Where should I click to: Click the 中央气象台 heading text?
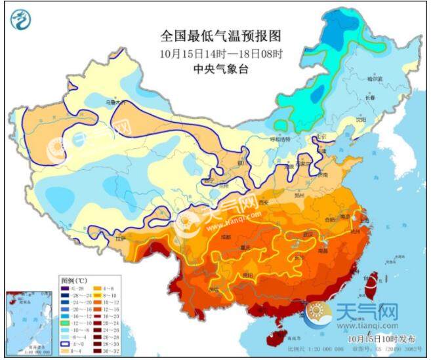tap(215, 70)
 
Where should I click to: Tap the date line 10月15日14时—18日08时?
tap(215, 53)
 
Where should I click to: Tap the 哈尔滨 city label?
tap(375, 79)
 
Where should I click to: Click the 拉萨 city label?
tap(120, 239)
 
